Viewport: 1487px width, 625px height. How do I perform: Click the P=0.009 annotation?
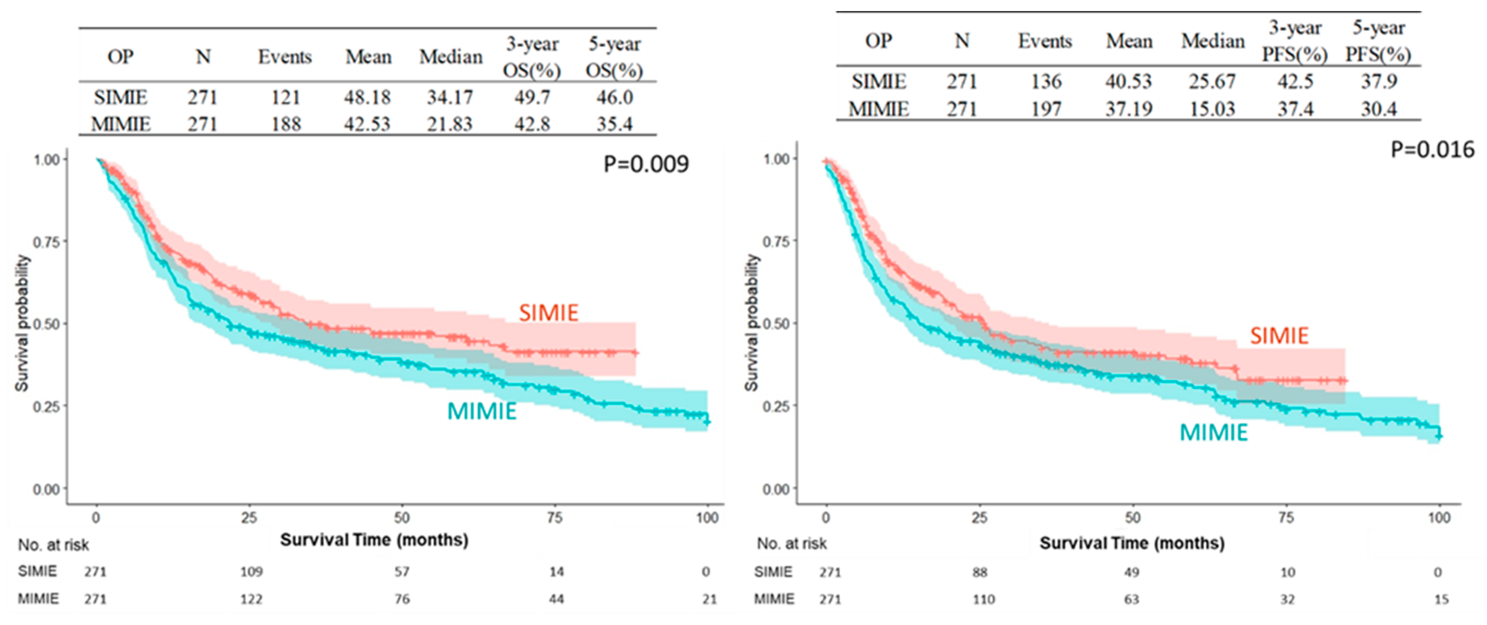coord(646,165)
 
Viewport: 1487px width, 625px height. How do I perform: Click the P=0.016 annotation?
coord(1432,150)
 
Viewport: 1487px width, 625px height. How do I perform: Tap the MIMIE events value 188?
coord(286,124)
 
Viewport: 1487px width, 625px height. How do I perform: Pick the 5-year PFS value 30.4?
coord(1379,109)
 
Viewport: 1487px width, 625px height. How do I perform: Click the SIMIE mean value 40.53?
coord(1128,81)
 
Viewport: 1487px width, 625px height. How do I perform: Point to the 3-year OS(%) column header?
coord(532,57)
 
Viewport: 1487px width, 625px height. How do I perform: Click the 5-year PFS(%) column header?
coord(1379,41)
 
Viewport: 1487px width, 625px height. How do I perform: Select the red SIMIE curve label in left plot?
coord(548,313)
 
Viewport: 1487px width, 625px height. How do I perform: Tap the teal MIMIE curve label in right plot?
coord(1214,432)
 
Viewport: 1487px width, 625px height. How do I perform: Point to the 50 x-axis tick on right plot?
coord(1132,518)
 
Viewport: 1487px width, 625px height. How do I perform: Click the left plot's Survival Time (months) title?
coord(374,540)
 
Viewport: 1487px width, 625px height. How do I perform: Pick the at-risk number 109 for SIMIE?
coord(252,572)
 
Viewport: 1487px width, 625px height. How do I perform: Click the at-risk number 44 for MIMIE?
coord(556,599)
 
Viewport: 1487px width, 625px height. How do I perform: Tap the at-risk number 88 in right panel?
coord(980,572)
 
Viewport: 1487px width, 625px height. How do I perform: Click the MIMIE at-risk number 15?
coord(1441,600)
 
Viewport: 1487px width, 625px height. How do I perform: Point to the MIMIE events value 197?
coord(1046,109)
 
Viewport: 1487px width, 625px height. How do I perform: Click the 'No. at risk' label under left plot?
coord(54,545)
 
